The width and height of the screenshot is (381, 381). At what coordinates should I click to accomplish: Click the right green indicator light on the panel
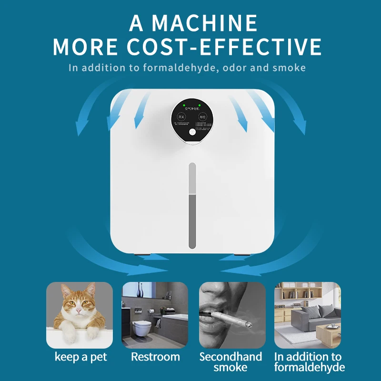[x=199, y=105]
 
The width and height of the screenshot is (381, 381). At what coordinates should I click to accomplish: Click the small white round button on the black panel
[x=192, y=134]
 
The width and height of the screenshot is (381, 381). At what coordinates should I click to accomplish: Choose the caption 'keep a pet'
[x=81, y=357]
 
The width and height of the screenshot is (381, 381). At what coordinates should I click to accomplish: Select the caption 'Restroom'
[x=156, y=357]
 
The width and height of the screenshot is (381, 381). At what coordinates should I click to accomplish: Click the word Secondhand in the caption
[x=231, y=357]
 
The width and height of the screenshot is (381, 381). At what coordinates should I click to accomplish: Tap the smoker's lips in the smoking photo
[x=210, y=311]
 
